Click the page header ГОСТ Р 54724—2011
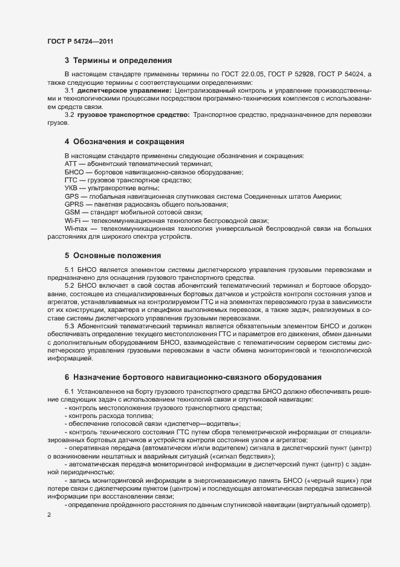80,41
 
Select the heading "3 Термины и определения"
118,61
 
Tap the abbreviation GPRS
74,205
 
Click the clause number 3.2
69,114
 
